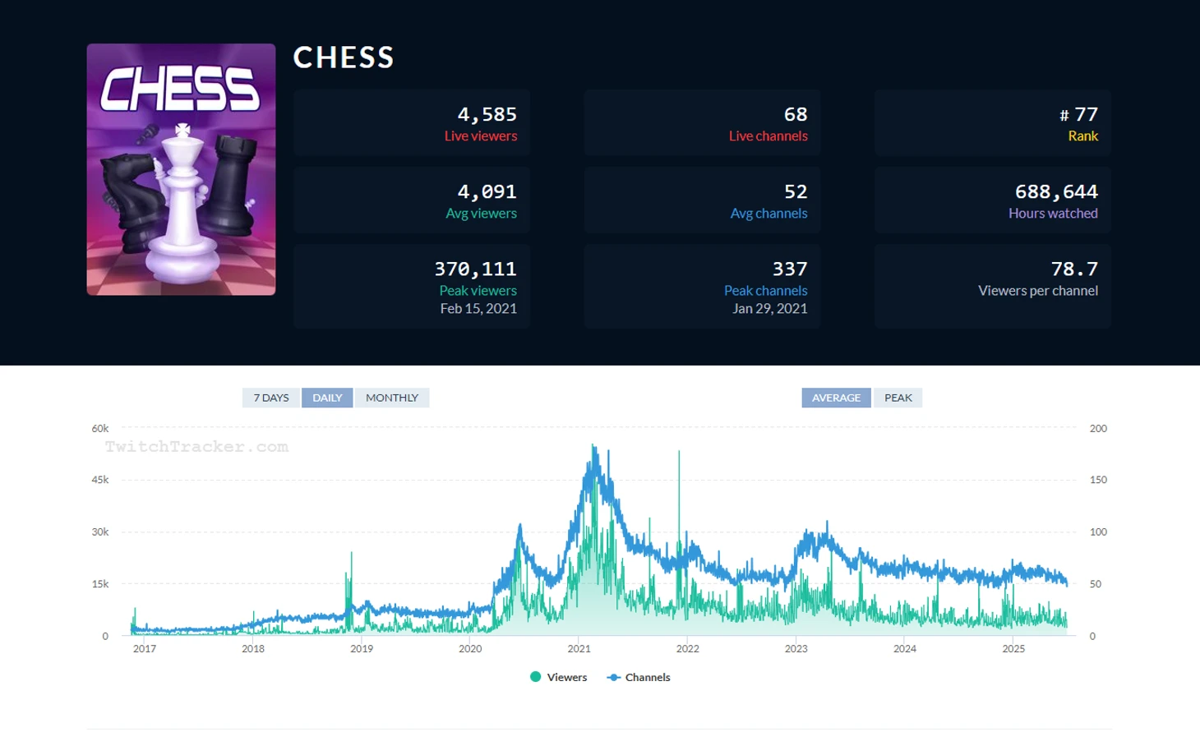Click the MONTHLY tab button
(x=392, y=398)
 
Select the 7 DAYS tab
(x=271, y=398)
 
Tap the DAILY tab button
(x=327, y=398)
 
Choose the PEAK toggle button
(x=898, y=398)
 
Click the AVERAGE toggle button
(x=836, y=398)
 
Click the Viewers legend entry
(x=559, y=677)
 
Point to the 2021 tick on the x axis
(x=579, y=648)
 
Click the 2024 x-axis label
(x=905, y=648)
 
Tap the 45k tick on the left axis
(x=100, y=480)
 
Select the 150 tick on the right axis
(x=1098, y=480)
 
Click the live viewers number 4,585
(x=487, y=114)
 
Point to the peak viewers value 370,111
(x=475, y=269)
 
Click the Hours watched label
(x=1053, y=214)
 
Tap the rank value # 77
(x=1078, y=114)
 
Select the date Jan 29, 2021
(x=769, y=309)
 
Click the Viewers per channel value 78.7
(x=1074, y=269)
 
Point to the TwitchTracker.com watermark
(x=196, y=447)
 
